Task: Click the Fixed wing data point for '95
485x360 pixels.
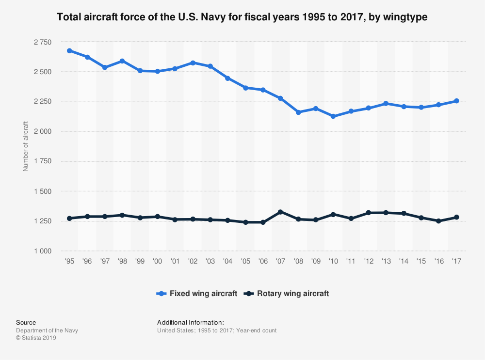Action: pyautogui.click(x=69, y=50)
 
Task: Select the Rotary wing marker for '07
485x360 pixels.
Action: pyautogui.click(x=280, y=212)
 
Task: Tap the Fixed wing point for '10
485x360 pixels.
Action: pyautogui.click(x=333, y=116)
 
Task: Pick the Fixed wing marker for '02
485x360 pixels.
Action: pyautogui.click(x=193, y=63)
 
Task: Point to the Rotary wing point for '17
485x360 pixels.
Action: pyautogui.click(x=456, y=217)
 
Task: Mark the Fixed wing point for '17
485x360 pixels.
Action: pyautogui.click(x=456, y=101)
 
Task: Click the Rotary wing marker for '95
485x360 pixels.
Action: pyautogui.click(x=69, y=218)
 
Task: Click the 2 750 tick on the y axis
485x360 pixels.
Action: pyautogui.click(x=42, y=42)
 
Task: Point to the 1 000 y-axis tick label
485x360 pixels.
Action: pyautogui.click(x=42, y=251)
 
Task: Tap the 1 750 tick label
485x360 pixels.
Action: pyautogui.click(x=42, y=161)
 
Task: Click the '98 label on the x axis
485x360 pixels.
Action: pyautogui.click(x=122, y=261)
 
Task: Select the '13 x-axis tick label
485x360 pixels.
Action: pyautogui.click(x=386, y=261)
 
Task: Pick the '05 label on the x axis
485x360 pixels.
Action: pyautogui.click(x=245, y=261)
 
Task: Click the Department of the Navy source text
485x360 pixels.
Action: pyautogui.click(x=47, y=330)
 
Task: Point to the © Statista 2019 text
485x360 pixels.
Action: pyautogui.click(x=36, y=338)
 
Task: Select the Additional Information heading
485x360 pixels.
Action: pyautogui.click(x=190, y=322)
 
